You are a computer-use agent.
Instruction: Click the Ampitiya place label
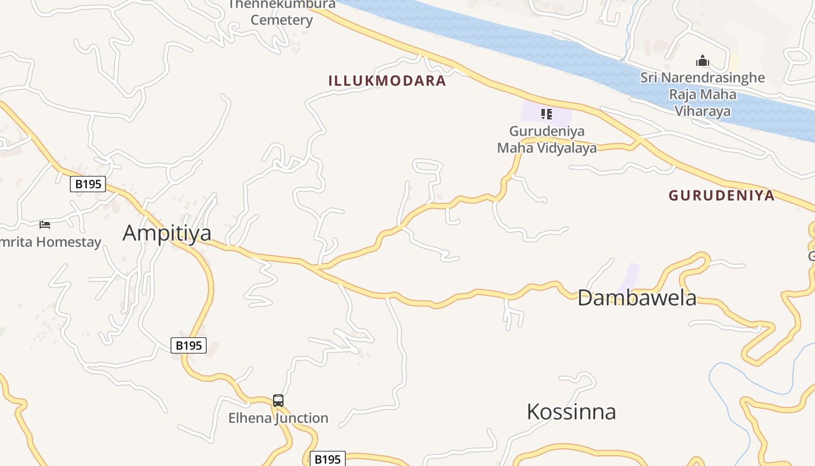(167, 233)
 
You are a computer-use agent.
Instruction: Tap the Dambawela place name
(637, 298)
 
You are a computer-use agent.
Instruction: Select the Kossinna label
(571, 412)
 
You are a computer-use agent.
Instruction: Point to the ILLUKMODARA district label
(387, 81)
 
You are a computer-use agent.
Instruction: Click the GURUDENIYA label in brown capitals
(721, 196)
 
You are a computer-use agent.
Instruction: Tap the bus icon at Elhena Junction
(278, 401)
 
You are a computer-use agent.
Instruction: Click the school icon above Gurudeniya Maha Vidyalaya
(546, 114)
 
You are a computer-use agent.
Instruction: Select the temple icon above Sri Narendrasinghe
(703, 61)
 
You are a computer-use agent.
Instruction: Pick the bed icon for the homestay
(45, 224)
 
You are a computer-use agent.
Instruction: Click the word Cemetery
(282, 20)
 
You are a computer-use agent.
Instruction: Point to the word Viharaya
(703, 111)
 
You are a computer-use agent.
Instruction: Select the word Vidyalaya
(568, 148)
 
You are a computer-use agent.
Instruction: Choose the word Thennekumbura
(282, 5)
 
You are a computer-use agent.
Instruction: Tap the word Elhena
(249, 418)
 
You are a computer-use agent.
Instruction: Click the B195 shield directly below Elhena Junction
(327, 459)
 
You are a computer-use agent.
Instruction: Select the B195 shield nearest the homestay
(88, 184)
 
